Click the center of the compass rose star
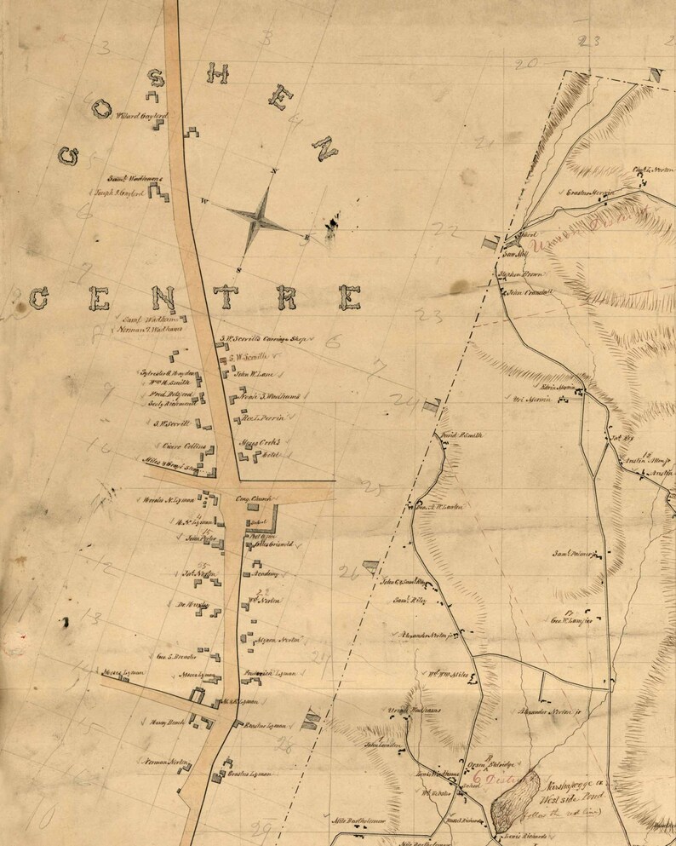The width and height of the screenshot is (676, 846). tap(261, 218)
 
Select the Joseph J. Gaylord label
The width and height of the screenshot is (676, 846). tap(117, 193)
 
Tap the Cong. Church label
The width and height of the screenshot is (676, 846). tap(253, 500)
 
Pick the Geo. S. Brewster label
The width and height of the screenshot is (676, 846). tap(177, 657)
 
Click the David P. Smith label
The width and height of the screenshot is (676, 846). tap(462, 435)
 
